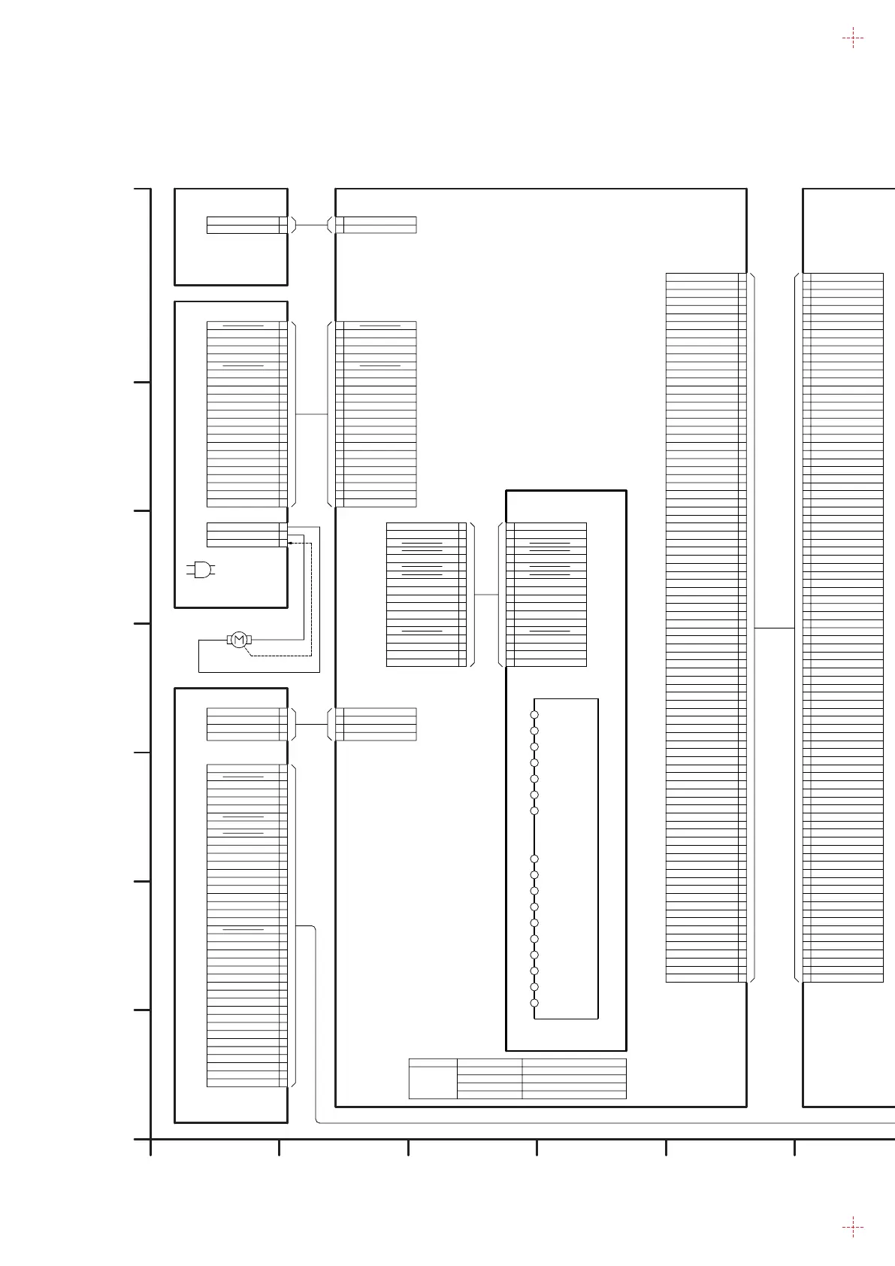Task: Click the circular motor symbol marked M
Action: pos(238,640)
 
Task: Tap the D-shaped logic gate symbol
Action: pos(201,570)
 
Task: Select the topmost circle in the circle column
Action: pos(534,714)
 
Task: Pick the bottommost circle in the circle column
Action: pos(534,1003)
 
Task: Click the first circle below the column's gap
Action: pos(534,859)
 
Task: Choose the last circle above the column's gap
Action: pos(534,810)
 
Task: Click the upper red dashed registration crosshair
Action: pos(852,38)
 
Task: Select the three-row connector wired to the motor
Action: pos(244,535)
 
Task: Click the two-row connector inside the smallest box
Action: pos(244,225)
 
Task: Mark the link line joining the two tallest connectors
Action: pos(774,627)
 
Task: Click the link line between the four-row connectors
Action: pos(312,724)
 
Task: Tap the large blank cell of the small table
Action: pos(433,1083)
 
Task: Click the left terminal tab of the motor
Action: pos(228,640)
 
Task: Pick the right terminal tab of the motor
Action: pos(248,640)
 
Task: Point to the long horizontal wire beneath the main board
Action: pos(601,1123)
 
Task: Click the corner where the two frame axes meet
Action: pos(151,1139)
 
